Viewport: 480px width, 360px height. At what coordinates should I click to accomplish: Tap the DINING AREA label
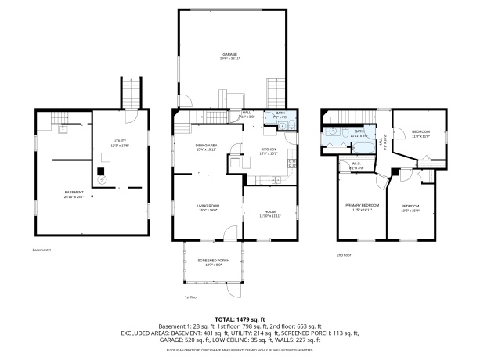point(207,146)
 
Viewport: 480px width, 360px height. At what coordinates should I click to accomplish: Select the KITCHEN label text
point(268,149)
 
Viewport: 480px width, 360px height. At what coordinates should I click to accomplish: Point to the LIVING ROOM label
point(208,207)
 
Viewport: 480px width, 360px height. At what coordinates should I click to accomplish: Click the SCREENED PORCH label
point(207,261)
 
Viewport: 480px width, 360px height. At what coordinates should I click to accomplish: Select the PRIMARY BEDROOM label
point(363,207)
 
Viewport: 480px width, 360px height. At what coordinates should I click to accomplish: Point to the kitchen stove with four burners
point(292,164)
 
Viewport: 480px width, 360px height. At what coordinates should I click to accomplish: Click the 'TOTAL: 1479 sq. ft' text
point(240,319)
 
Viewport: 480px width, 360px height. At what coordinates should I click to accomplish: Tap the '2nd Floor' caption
point(344,255)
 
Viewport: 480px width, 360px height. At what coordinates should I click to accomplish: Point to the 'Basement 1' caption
point(42,250)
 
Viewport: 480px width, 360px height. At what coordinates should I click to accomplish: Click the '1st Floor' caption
point(190,297)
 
